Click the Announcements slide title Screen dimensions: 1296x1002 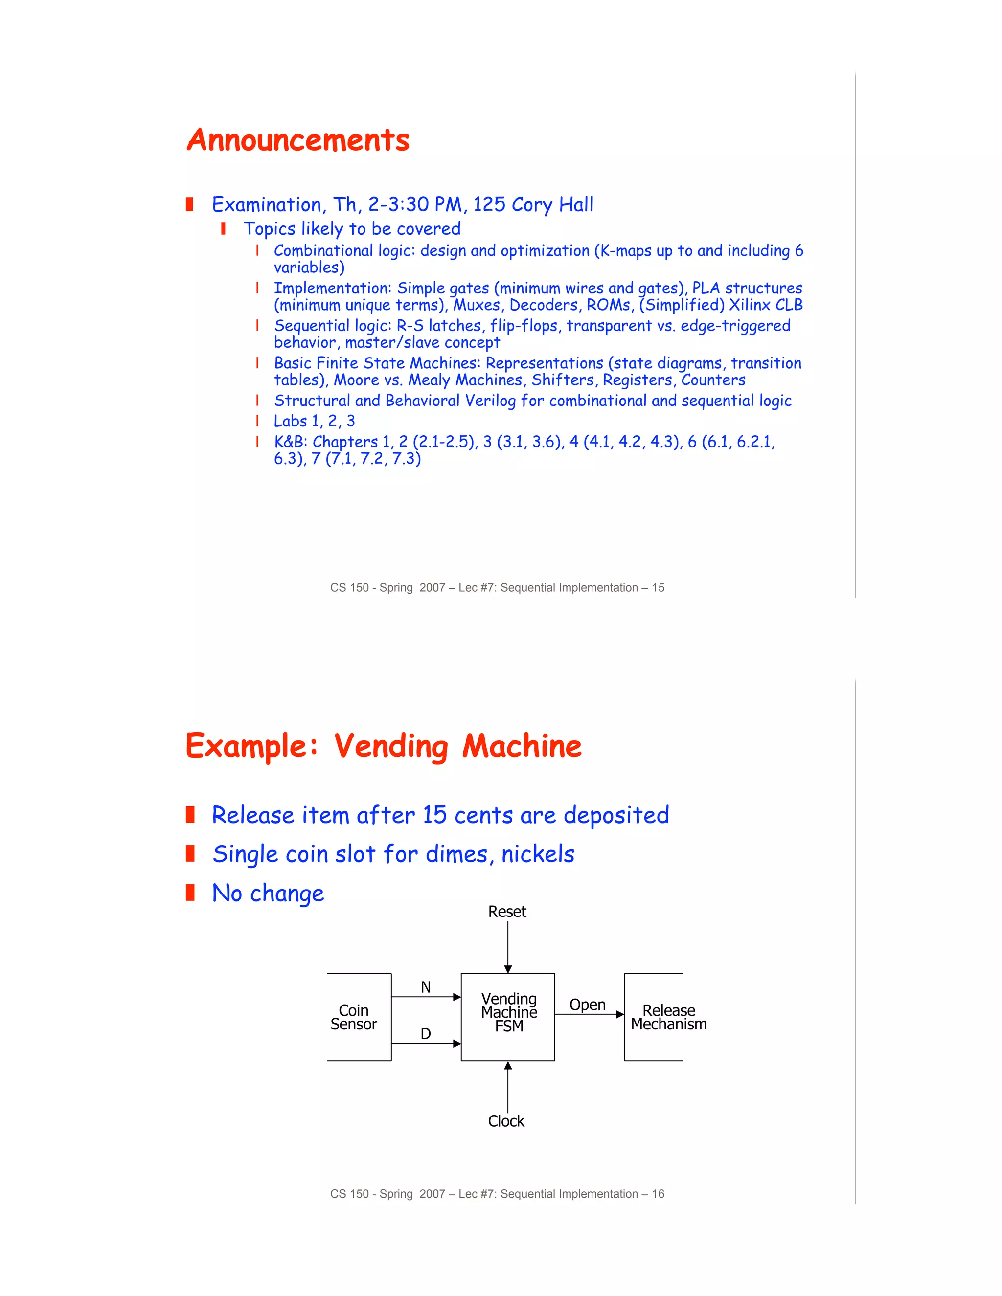298,141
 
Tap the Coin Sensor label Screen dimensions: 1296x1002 354,1017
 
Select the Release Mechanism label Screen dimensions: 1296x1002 668,1017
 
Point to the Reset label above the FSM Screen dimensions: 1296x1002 507,912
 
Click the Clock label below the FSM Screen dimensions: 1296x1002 506,1121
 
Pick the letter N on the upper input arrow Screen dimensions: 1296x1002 426,987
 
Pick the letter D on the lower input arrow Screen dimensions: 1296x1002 426,1034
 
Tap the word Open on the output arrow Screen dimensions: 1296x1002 587,1005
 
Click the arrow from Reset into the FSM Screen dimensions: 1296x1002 508,946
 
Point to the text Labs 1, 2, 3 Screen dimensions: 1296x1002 314,421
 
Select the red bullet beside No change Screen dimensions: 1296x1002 190,893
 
